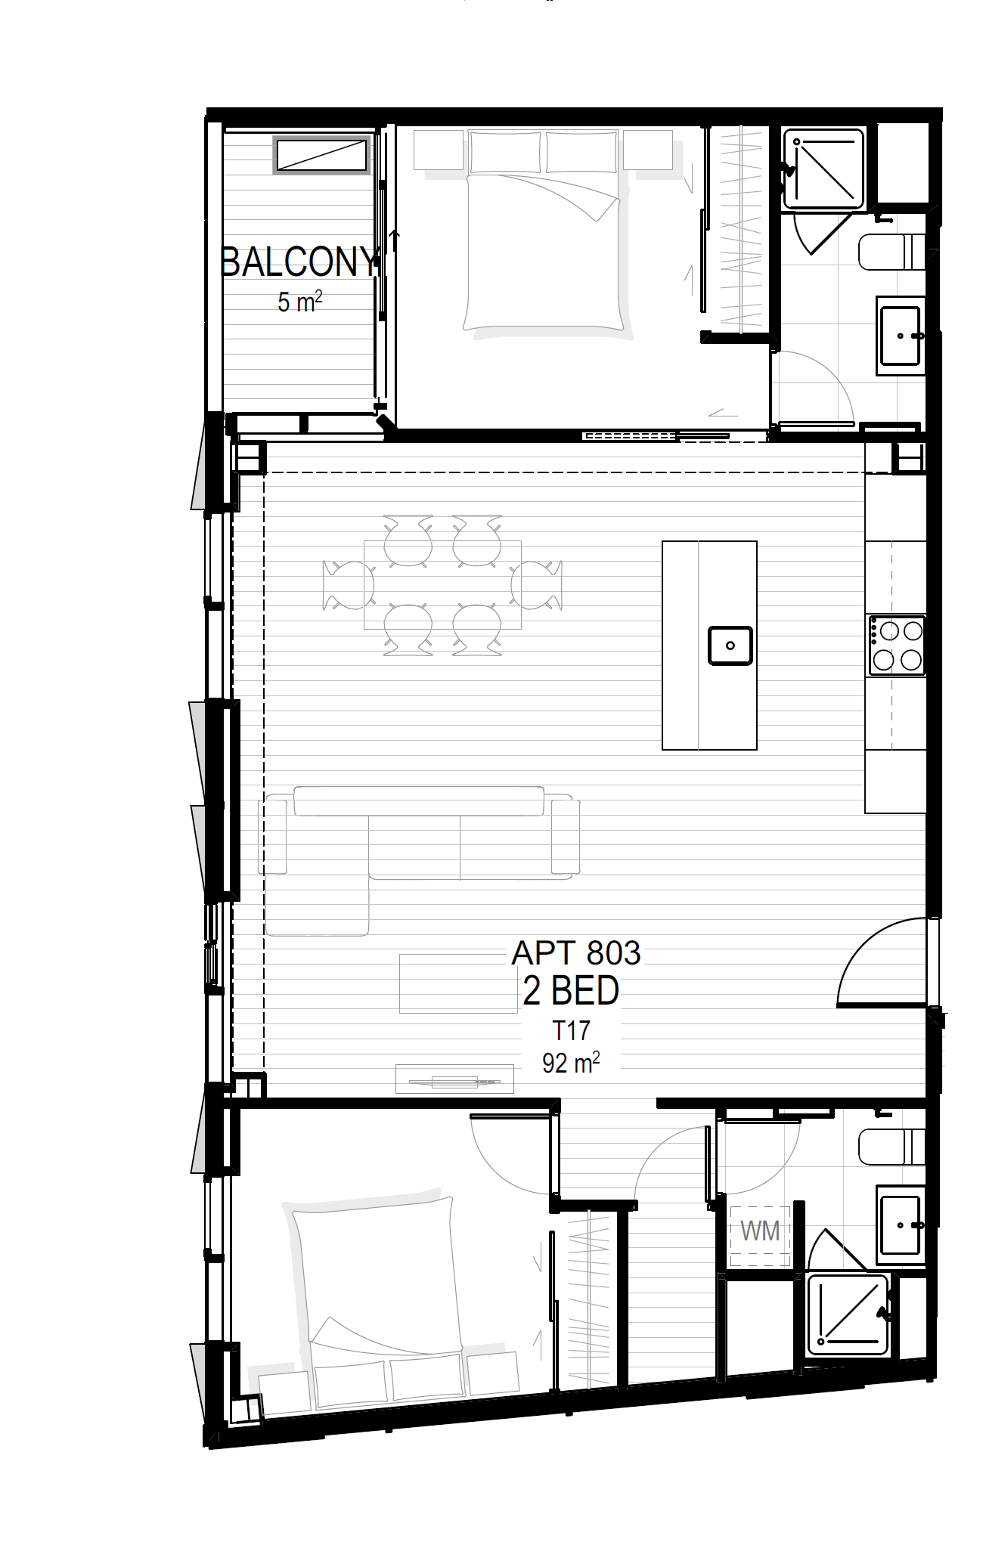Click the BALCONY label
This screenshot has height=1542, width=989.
point(299,262)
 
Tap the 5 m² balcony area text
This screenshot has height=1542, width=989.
point(300,302)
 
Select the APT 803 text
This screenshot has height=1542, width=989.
point(576,952)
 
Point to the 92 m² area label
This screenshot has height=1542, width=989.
point(571,1063)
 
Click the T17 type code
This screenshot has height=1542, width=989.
point(570,1030)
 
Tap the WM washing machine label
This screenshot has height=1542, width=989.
point(760,1231)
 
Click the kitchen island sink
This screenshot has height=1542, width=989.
point(730,646)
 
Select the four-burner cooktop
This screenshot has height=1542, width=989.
point(897,646)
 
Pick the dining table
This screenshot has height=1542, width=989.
point(442,584)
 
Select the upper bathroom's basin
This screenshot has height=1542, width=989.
point(900,335)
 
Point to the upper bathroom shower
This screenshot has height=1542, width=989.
point(823,169)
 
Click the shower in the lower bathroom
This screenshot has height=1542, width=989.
point(848,1314)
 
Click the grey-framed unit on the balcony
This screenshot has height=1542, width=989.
point(321,155)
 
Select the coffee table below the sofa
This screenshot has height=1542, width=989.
point(458,983)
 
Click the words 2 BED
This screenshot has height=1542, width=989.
point(571,990)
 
